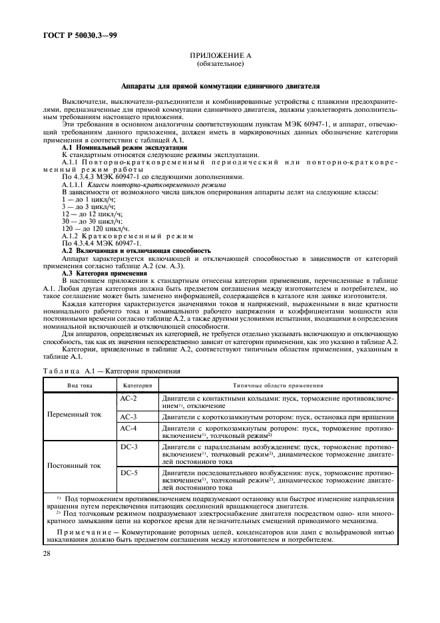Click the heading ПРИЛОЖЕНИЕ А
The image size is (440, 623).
tap(220, 58)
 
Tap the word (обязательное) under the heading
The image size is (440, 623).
tap(220, 65)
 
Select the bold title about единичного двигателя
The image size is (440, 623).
tap(220, 86)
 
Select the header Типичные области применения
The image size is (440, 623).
tap(278, 385)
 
